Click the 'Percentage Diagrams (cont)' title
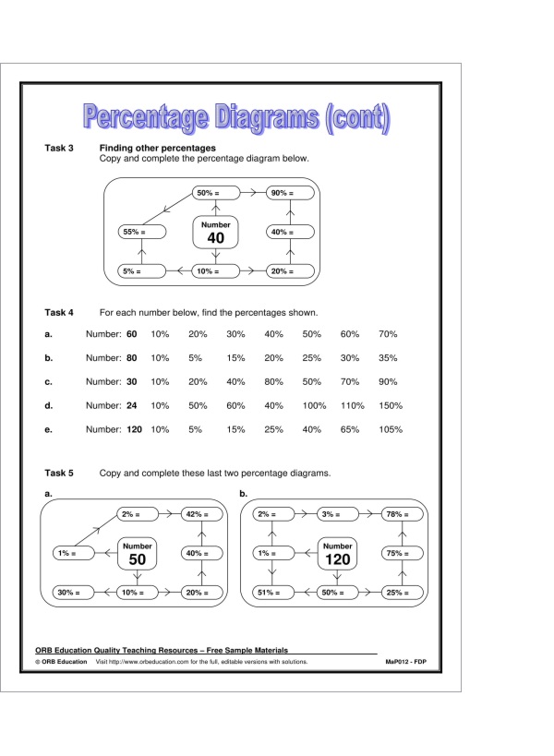tap(236, 117)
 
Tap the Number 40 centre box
tap(216, 233)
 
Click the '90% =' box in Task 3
tap(290, 193)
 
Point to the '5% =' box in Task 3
tap(142, 271)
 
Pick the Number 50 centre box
tap(137, 554)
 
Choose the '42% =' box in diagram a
tap(203, 514)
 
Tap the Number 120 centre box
tap(338, 554)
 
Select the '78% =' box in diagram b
tap(404, 514)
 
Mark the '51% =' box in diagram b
tap(274, 593)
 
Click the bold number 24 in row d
tap(131, 405)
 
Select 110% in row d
tap(353, 405)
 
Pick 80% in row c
tap(274, 381)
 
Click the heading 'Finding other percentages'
tap(157, 148)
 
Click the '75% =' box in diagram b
tap(404, 554)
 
